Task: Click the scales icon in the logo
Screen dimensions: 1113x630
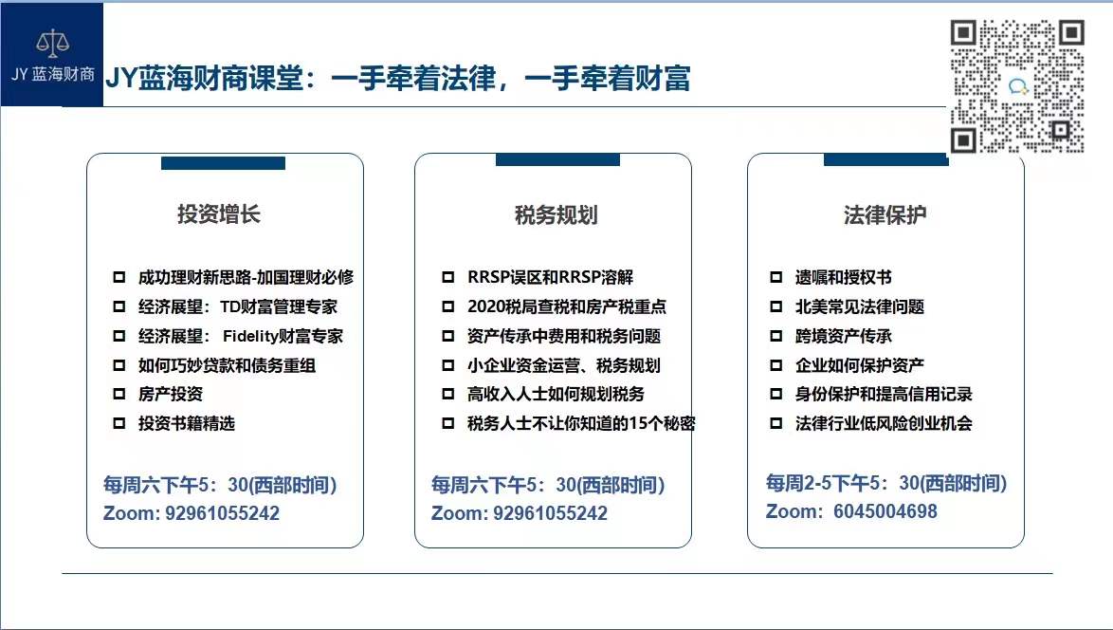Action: tap(52, 44)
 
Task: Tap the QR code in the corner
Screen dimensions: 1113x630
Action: tap(1017, 86)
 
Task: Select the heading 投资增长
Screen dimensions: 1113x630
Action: tap(219, 213)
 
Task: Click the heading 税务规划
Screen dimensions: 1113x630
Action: tap(556, 214)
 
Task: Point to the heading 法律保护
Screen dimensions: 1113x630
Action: tap(885, 214)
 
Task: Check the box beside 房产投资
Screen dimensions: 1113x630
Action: tap(119, 394)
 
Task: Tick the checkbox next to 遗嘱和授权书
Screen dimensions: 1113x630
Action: tap(775, 277)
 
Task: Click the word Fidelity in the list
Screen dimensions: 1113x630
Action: tap(251, 336)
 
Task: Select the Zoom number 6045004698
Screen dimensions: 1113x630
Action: tap(885, 511)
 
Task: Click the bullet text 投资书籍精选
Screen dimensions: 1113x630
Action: tap(187, 423)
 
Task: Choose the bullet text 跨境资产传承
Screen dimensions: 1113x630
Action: tap(843, 336)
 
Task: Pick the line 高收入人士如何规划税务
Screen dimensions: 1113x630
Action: tap(556, 394)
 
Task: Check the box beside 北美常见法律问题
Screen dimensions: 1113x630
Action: tap(775, 306)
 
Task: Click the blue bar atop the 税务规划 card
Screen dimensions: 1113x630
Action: tap(557, 159)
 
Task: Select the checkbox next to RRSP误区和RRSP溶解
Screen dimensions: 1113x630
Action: tap(447, 277)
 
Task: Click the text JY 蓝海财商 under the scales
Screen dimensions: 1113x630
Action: tap(52, 74)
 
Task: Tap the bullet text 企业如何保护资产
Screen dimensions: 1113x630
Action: tap(860, 365)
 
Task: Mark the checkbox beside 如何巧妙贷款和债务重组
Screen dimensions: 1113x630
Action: tap(119, 365)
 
